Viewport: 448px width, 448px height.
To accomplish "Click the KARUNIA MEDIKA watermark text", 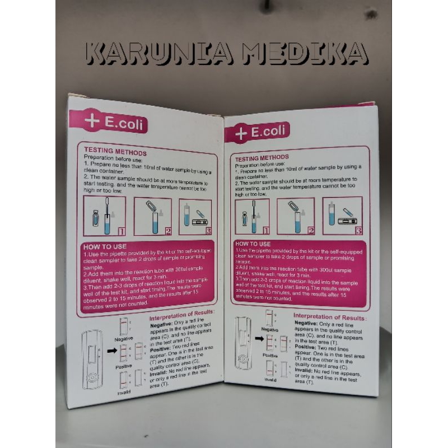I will click(x=227, y=53).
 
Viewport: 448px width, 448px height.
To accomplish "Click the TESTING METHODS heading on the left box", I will click(x=115, y=152).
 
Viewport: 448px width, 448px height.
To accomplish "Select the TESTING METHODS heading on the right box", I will click(x=262, y=158).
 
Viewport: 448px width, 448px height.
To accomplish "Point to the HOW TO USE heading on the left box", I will click(x=105, y=246).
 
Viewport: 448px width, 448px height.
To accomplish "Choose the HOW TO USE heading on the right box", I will click(x=254, y=244).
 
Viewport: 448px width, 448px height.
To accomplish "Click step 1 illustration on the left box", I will click(x=104, y=216).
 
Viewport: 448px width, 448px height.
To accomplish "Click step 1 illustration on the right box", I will click(x=252, y=216).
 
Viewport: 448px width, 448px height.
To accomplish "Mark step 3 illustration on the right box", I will click(x=342, y=216).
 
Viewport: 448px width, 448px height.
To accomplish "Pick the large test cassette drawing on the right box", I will click(x=243, y=343).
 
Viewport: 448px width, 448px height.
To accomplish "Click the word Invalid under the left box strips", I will click(x=124, y=393).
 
